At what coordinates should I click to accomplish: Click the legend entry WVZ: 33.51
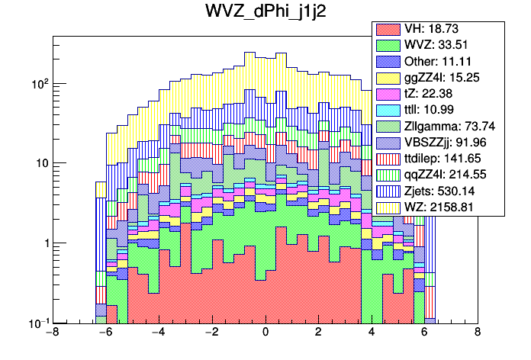435,45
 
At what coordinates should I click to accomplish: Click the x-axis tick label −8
52,333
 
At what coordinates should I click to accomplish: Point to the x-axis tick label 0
265,333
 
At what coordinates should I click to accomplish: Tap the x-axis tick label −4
158,333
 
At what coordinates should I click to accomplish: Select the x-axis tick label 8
478,333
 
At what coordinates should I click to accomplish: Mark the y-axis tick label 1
43,243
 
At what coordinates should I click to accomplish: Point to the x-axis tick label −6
105,333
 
